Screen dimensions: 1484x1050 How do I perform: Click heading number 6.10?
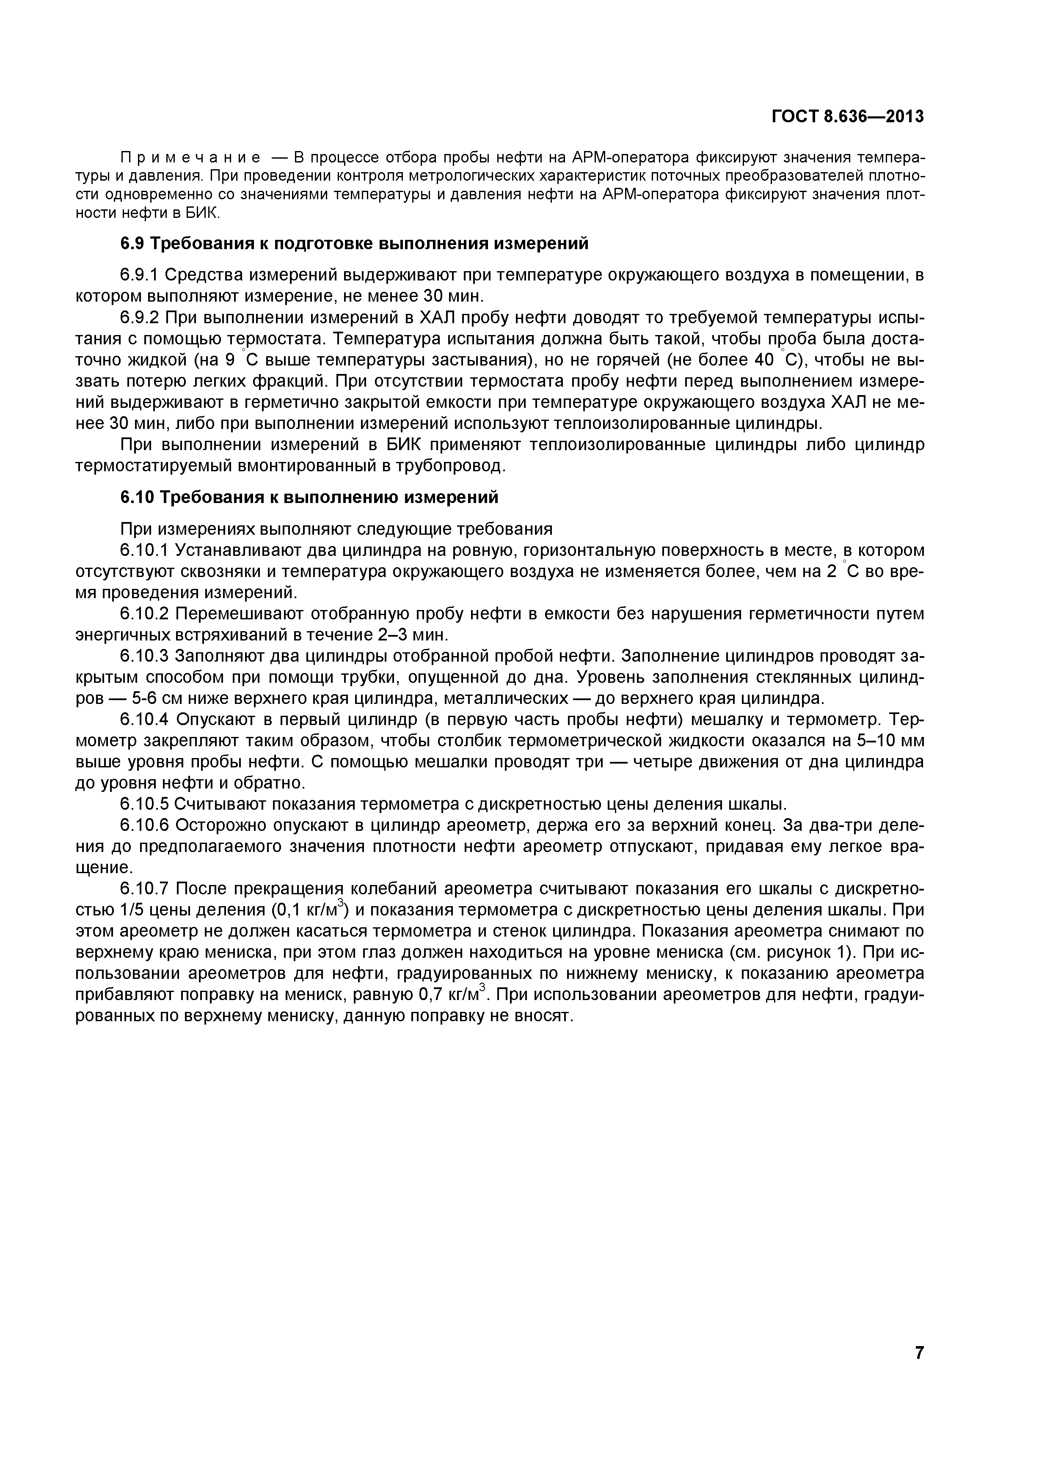pyautogui.click(x=137, y=497)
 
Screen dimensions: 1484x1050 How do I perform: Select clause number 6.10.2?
pyautogui.click(x=145, y=613)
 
